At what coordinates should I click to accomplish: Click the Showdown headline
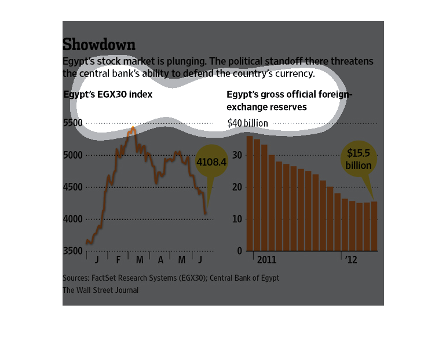[x=99, y=45]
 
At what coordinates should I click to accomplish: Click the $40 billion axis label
[x=247, y=123]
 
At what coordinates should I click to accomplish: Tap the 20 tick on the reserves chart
[x=236, y=188]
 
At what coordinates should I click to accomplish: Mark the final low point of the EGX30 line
[x=206, y=214]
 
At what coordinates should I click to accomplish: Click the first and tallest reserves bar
[x=250, y=193]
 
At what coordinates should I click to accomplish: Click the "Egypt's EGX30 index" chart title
[x=108, y=94]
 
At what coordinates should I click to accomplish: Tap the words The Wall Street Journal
[x=100, y=290]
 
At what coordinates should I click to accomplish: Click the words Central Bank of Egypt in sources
[x=244, y=278]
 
